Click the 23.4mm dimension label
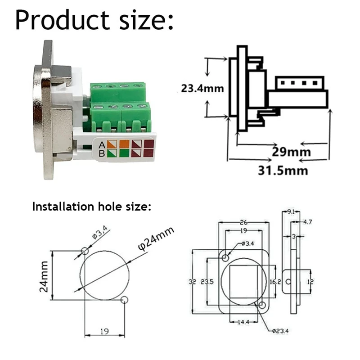(202, 88)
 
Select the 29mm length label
(291, 152)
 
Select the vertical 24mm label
(44, 275)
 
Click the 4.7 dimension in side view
(308, 221)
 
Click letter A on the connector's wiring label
(102, 144)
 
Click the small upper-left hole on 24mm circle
(85, 251)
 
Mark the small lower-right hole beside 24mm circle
(125, 300)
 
